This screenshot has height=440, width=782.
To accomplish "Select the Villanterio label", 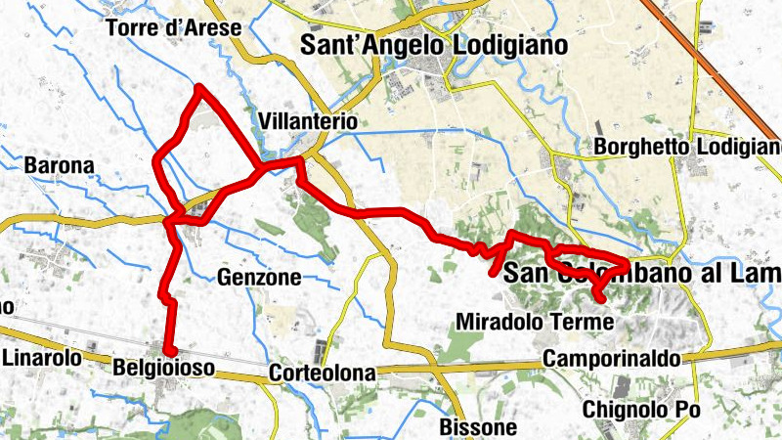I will tap(309, 121).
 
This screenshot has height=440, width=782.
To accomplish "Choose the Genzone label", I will tap(260, 278).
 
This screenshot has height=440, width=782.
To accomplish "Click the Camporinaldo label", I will tap(612, 359).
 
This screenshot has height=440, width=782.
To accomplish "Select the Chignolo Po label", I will tap(640, 410).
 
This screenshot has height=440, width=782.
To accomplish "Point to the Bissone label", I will tap(478, 427).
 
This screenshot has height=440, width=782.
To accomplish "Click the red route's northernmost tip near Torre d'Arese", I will tap(199, 88).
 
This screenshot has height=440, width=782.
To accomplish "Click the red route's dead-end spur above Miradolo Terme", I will tap(495, 273).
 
